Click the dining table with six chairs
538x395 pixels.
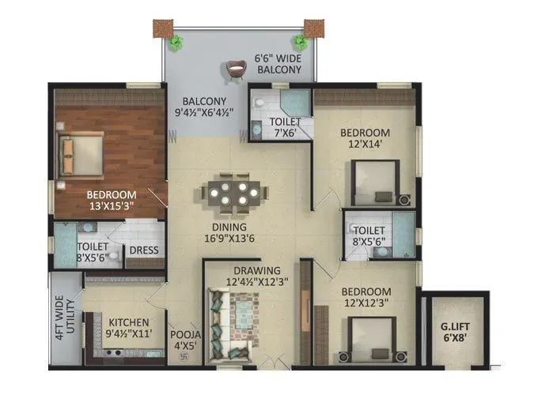231,193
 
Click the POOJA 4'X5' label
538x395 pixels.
187,339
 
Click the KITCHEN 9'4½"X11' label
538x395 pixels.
130,328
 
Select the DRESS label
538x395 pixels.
144,250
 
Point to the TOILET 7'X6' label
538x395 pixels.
283,127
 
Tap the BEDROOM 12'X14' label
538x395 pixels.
366,137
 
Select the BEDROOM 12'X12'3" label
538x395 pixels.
366,297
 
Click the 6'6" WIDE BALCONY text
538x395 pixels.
278,64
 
